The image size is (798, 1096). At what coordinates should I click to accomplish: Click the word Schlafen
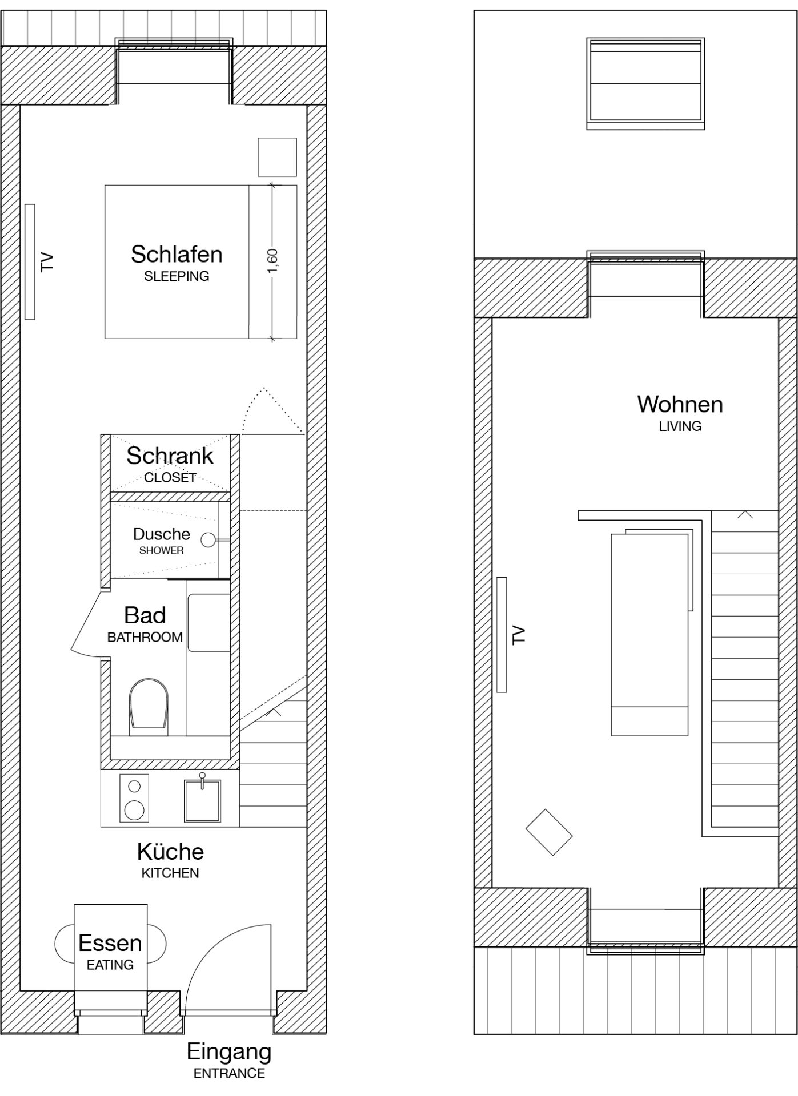tap(177, 255)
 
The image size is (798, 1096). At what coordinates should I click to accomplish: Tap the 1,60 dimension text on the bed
tap(272, 261)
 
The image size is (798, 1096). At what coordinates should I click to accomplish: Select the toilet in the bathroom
tap(149, 707)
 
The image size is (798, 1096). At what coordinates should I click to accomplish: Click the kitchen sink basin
tap(202, 801)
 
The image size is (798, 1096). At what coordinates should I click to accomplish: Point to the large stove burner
tap(134, 809)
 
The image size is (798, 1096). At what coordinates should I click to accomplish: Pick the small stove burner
tap(134, 787)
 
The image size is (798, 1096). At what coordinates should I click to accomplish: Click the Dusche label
tap(162, 534)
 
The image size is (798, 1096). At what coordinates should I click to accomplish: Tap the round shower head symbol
tap(209, 539)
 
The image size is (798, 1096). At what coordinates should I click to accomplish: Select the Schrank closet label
tap(170, 456)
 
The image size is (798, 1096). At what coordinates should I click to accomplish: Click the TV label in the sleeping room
tap(47, 262)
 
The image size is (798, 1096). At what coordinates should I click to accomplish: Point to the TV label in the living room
tap(518, 635)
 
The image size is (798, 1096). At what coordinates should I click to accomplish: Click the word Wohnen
tap(680, 404)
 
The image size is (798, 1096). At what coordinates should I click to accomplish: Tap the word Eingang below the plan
tap(229, 1052)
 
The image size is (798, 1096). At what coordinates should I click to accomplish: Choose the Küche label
tap(170, 852)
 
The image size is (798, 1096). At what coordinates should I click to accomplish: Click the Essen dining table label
tap(110, 943)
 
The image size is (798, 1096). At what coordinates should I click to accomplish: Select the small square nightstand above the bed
tap(277, 157)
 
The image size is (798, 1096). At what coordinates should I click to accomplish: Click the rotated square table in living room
tap(549, 832)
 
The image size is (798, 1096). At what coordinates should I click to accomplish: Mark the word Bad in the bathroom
tap(145, 615)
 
